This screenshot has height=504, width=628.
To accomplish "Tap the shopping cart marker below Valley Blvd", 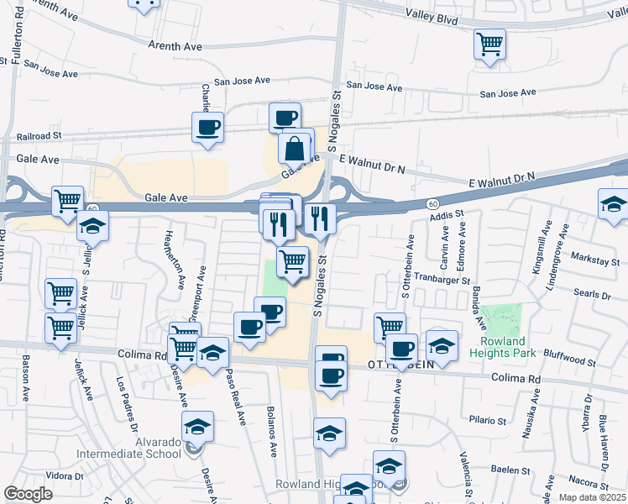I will [489, 44].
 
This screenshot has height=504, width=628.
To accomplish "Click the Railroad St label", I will [39, 135].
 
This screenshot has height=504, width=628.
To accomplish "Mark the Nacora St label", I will [588, 485].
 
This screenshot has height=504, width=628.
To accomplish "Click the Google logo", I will [29, 494].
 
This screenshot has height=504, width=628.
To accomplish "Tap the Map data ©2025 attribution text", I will [593, 497].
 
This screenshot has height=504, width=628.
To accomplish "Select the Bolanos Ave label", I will [272, 433].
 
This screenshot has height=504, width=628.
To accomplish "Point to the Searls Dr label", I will [593, 295].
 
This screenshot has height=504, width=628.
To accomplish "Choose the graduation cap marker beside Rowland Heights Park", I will [442, 344].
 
